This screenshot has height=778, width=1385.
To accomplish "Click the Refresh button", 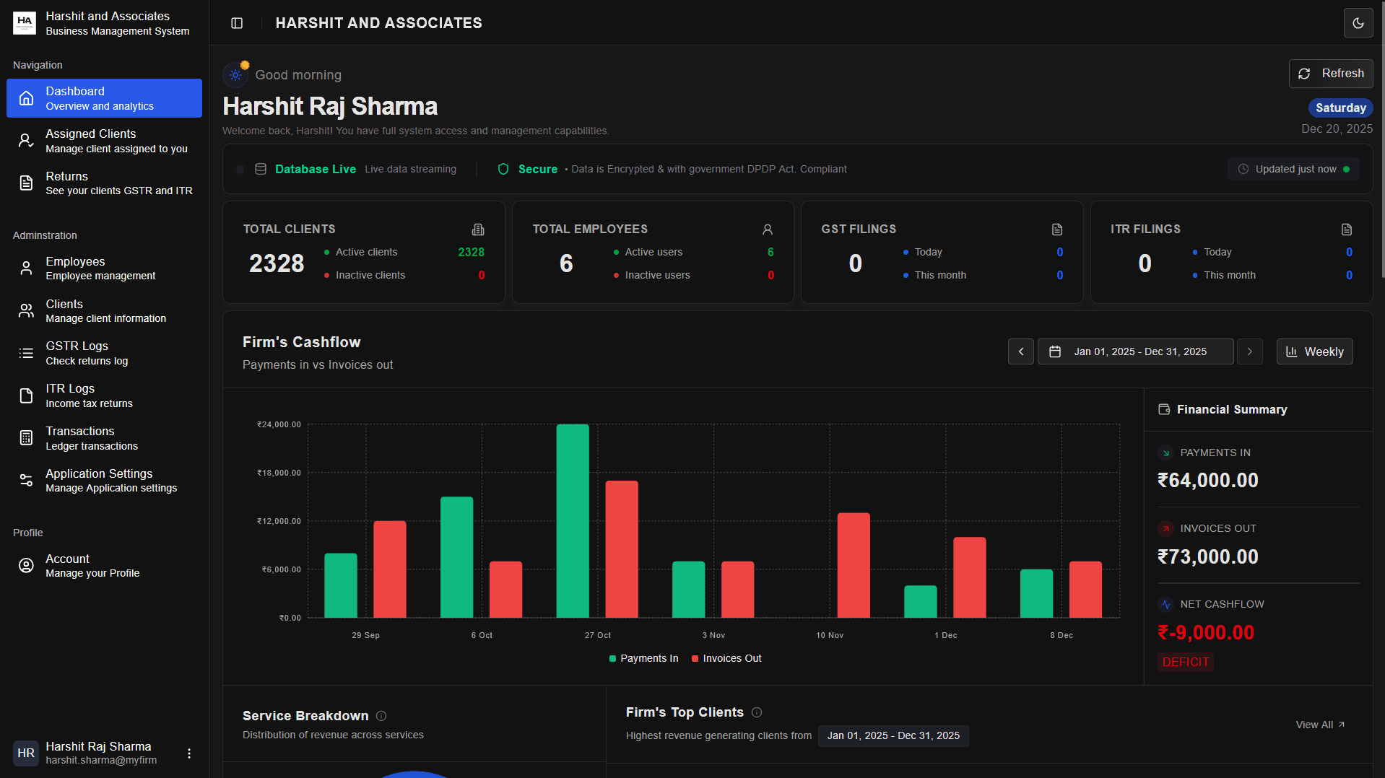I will (1330, 74).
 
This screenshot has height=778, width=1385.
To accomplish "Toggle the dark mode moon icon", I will (1358, 23).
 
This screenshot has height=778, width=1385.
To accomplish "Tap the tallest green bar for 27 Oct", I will (572, 521).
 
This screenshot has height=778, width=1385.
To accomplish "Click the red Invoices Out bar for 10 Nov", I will (853, 565).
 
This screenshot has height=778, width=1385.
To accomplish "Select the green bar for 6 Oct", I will (456, 557).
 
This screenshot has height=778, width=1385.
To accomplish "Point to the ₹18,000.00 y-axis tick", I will (279, 473).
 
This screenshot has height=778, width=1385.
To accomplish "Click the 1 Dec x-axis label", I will (945, 635).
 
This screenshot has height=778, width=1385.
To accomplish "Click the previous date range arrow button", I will (1020, 351).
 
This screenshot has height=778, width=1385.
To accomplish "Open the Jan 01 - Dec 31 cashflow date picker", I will (1135, 351).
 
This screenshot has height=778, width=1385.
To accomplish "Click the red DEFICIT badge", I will (1185, 662).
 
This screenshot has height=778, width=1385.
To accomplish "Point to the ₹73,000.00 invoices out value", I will (1207, 556).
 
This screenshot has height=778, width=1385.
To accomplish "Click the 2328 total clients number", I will (277, 263).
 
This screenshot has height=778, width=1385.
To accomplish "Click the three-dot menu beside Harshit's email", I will (189, 753).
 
